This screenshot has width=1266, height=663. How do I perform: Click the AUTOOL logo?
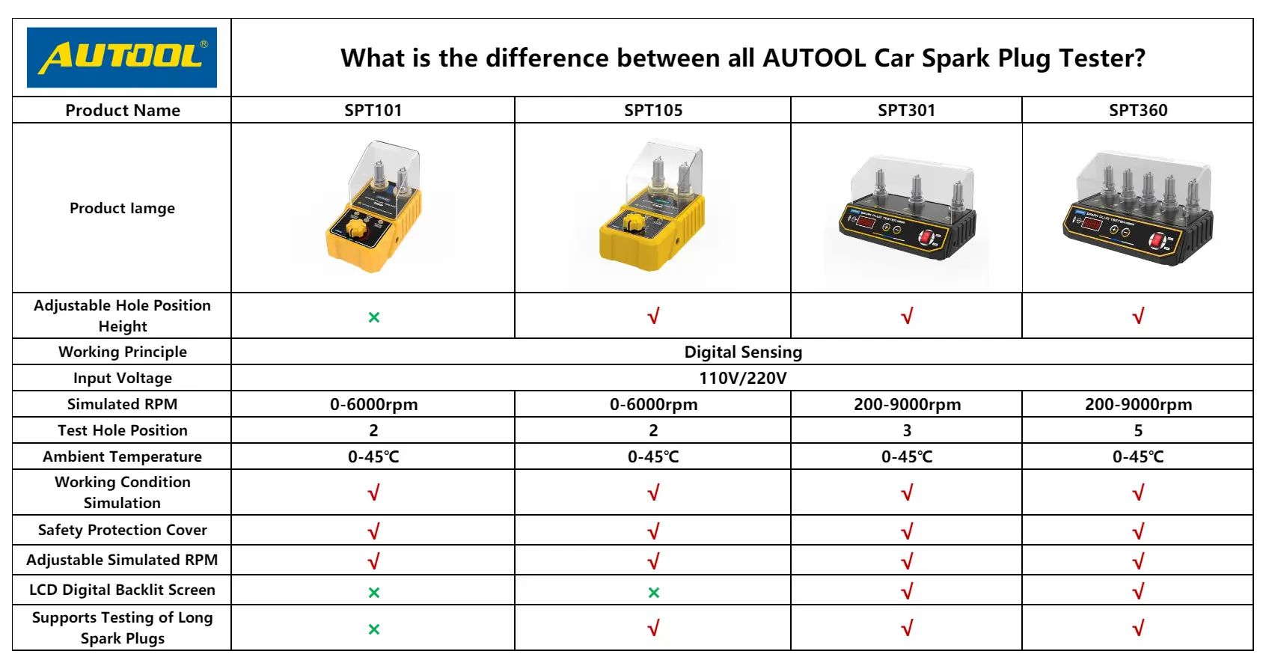point(121,58)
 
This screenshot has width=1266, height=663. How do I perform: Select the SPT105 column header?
point(652,110)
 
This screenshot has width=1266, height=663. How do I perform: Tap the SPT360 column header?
point(1138,110)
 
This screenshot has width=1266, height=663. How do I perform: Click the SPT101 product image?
point(373,207)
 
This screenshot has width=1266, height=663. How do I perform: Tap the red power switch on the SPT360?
point(1156,241)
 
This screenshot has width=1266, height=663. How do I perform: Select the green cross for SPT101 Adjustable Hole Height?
point(373,317)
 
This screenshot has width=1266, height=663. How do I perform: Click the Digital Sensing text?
point(743,352)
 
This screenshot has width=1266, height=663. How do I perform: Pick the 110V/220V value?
point(743,378)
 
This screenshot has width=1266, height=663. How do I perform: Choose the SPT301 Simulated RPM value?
point(907,405)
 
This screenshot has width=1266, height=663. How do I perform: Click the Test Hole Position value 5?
point(1138,431)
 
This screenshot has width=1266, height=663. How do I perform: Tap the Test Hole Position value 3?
point(907,431)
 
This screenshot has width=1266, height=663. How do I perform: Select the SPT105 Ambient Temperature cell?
point(653,456)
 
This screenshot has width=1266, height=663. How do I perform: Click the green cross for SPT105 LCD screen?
point(654,593)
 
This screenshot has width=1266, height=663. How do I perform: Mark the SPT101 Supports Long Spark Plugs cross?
point(373,629)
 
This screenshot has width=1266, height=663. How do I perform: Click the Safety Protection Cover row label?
point(122,530)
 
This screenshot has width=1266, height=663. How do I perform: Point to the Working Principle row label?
point(122,352)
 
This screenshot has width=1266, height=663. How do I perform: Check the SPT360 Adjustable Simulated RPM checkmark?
point(1138,560)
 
